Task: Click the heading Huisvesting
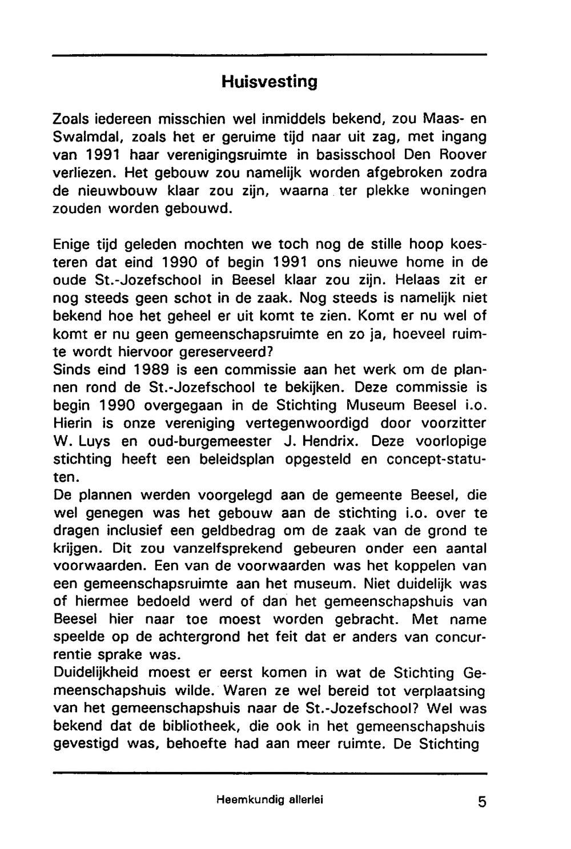tap(269, 82)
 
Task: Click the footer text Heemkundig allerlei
tap(270, 800)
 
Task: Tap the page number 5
tap(482, 802)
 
